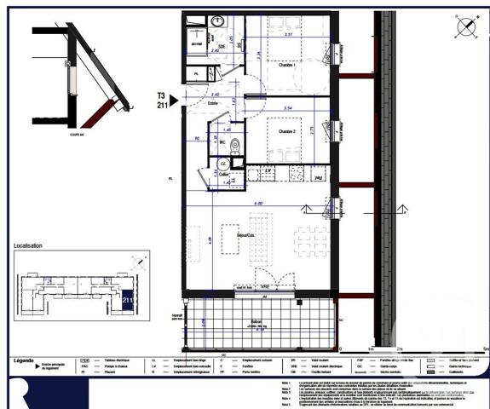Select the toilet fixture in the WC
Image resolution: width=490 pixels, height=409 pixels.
point(235,144)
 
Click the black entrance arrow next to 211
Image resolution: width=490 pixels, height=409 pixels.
point(173,101)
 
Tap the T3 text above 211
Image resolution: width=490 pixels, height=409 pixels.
point(160,95)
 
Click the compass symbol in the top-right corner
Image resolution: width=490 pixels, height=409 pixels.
point(466,28)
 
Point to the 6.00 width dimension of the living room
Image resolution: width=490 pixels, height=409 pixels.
point(257,203)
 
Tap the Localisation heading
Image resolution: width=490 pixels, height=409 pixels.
point(28,245)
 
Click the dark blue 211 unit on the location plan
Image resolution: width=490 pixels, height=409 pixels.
point(127,299)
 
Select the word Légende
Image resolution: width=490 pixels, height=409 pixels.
point(24,360)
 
